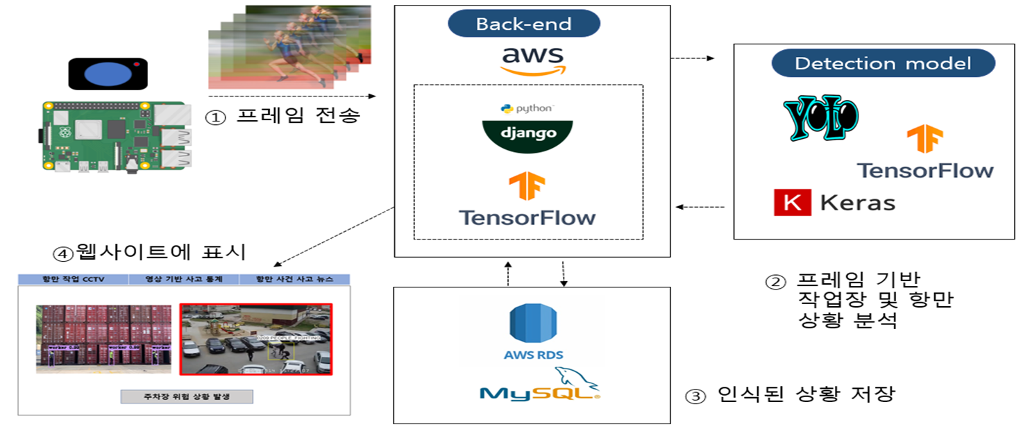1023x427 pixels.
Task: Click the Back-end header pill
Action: pos(523,24)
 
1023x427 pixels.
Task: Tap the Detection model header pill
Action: pos(883,64)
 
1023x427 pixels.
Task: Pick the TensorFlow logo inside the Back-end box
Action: pos(527,201)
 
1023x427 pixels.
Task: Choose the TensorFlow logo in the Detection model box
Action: pos(924,153)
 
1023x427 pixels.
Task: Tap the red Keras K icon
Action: pos(791,203)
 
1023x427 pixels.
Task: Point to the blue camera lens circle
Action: pos(108,74)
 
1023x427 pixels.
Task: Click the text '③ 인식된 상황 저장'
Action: pos(790,395)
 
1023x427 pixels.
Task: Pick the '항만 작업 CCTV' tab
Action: pos(72,280)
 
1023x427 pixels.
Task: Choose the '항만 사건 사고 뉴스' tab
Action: pos(294,280)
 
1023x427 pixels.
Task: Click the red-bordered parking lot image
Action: pos(256,339)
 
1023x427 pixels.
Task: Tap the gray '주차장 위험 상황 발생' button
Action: pos(187,396)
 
